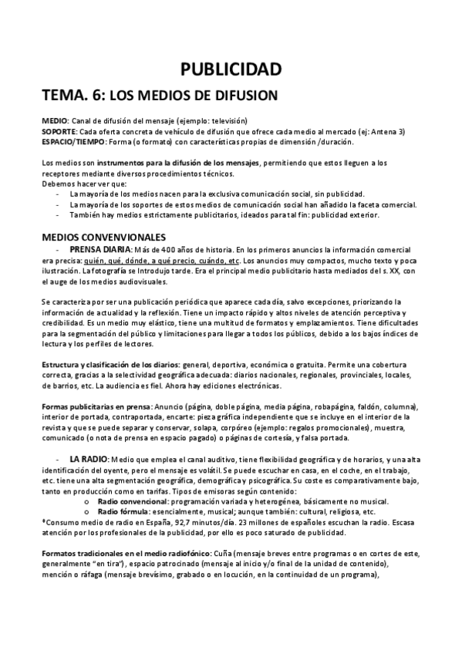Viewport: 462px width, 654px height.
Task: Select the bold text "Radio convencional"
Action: click(x=133, y=501)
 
